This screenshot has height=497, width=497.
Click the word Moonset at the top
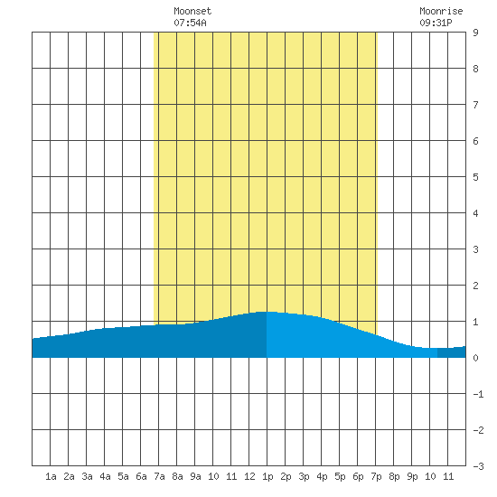click(x=192, y=11)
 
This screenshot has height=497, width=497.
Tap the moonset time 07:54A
click(x=190, y=23)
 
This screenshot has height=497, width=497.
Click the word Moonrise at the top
click(x=441, y=11)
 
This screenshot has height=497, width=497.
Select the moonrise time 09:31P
click(x=436, y=23)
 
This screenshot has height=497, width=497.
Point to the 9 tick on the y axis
click(x=475, y=33)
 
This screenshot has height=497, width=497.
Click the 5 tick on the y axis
click(x=475, y=177)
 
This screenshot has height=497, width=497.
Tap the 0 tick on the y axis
click(x=475, y=358)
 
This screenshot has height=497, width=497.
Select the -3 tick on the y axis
click(x=478, y=466)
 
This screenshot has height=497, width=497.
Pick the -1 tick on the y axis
click(x=478, y=394)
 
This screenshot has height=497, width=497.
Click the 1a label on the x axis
click(x=51, y=476)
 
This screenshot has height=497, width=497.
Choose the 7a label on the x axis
click(x=159, y=476)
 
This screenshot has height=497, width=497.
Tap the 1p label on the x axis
click(x=267, y=476)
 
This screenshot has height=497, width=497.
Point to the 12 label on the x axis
click(x=249, y=476)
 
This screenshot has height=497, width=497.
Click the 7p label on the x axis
click(x=376, y=476)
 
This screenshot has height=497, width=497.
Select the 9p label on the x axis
click(x=412, y=476)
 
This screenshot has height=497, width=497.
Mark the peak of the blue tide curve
click(x=267, y=312)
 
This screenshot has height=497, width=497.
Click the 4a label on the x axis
click(x=105, y=476)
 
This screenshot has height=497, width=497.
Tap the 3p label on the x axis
click(x=304, y=476)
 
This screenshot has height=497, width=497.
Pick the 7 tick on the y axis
click(x=475, y=105)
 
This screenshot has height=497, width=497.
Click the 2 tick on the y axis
click(x=475, y=286)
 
